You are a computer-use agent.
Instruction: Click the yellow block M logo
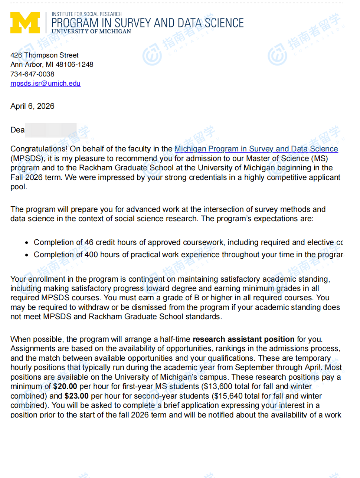coord(25,23)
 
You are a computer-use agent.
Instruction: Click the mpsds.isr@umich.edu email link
coord(45,84)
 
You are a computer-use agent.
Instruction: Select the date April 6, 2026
coord(32,106)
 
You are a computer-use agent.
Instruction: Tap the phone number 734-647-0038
coord(32,74)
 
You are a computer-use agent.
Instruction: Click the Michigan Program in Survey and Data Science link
coord(256,149)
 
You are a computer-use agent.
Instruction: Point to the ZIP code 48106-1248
coord(75,65)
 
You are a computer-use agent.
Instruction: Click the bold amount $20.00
coord(65,386)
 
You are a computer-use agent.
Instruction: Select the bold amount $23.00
coord(76,396)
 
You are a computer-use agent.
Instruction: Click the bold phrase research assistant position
coord(243,339)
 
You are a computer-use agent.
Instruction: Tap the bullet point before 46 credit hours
coord(27,243)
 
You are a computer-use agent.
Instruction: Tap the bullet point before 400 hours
coord(27,255)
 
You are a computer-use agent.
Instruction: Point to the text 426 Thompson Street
coord(45,55)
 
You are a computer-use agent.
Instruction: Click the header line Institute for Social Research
coord(86,14)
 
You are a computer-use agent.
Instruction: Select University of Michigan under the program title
coord(91,32)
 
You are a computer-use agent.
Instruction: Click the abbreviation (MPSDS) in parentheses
coord(26,158)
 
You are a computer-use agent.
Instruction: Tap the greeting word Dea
coord(17,130)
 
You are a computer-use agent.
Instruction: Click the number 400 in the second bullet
coord(91,255)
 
